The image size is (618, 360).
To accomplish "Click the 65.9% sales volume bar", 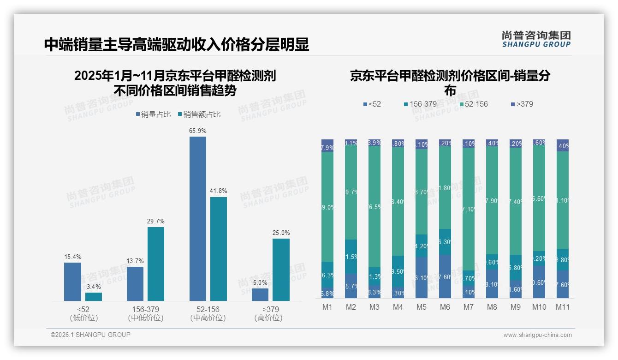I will point(197,219).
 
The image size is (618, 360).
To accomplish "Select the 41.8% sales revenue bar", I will point(219,249).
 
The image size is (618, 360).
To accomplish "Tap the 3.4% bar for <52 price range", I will point(94,297).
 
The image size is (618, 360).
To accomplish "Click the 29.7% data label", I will point(156,222).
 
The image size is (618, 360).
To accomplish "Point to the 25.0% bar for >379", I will point(281,270).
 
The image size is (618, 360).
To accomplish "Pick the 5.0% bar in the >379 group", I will point(260,295).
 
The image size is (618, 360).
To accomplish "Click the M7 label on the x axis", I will point(468,307).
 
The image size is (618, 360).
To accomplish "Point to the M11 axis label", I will point(562,307).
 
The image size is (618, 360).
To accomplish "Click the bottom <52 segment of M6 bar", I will point(445,276).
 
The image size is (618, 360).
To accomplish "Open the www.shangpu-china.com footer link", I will point(537,335).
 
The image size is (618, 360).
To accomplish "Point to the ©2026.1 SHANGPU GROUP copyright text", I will point(90,335).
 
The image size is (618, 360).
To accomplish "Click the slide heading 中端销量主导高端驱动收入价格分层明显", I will point(176,44).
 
